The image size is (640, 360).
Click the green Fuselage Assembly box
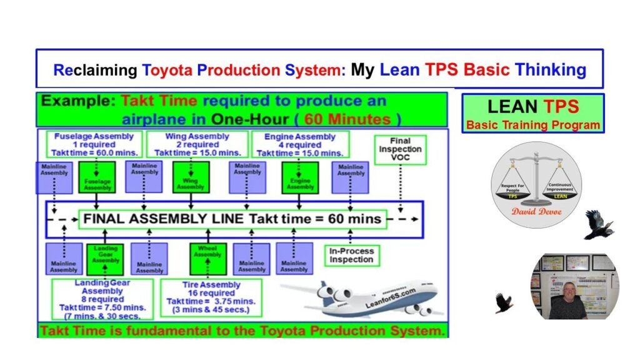(97, 177)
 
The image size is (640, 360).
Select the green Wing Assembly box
(191, 177)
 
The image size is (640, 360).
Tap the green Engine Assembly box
(300, 177)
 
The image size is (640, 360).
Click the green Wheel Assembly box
(208, 257)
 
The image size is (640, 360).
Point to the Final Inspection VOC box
(400, 150)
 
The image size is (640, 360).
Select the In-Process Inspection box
(351, 255)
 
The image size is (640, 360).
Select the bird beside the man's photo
(504, 302)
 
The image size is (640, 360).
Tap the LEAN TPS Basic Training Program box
(533, 113)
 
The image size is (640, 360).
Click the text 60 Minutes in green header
(362, 119)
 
